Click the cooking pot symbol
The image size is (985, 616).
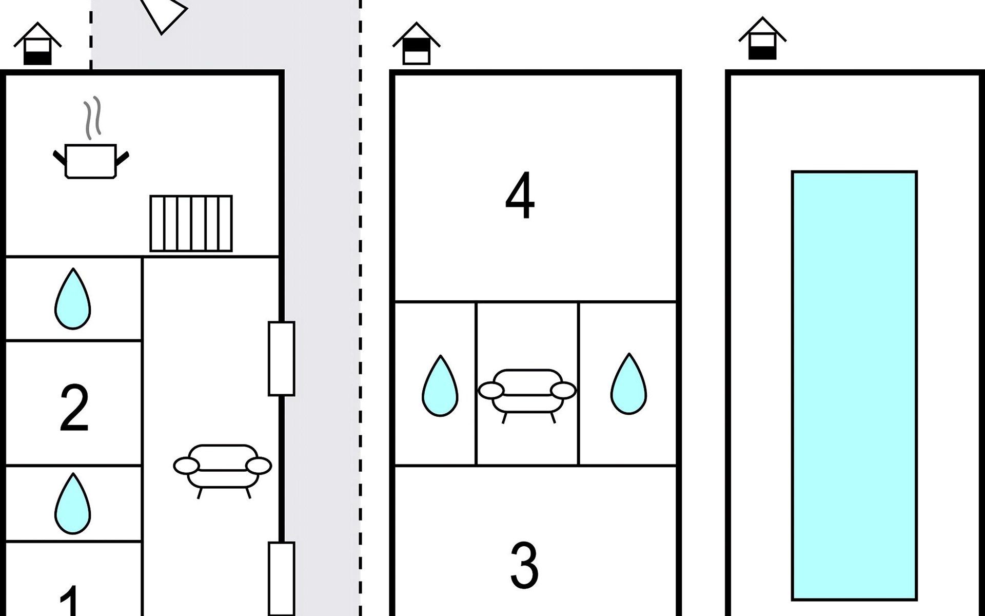91,161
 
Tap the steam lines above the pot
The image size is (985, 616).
92,118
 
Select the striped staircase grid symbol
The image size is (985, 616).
191,223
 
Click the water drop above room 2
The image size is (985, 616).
73,298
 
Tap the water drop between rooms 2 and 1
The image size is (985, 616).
73,503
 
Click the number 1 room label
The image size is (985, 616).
70,601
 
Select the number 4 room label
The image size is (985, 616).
520,196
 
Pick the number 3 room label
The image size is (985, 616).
524,565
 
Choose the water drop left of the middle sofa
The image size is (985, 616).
440,385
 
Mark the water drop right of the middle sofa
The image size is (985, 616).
629,383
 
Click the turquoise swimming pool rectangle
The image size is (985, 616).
854,386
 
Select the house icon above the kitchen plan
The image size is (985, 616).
37,44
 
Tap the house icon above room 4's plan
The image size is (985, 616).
417,43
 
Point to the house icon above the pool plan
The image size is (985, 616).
762,38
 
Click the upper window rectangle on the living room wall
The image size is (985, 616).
282,358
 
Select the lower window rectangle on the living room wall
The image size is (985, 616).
282,579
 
